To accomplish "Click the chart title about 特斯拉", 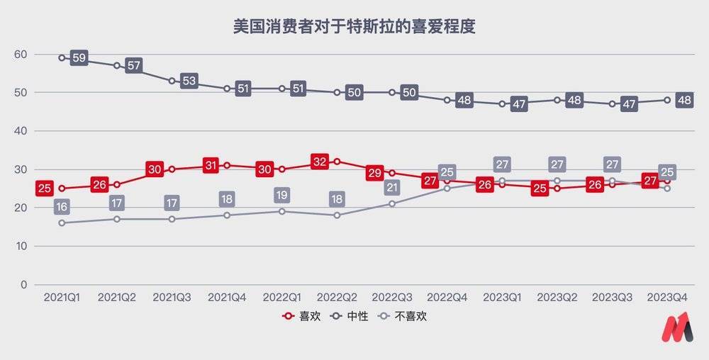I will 354,27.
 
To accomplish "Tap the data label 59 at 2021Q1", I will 79,58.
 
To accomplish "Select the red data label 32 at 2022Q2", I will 320,162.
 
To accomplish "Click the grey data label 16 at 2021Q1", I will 62,207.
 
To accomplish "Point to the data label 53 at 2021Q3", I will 189,81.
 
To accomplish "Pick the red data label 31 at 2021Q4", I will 210,165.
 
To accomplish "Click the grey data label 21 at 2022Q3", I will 393,188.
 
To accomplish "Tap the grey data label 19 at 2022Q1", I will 282,196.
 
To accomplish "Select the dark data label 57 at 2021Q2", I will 134,66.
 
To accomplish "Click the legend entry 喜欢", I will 303,316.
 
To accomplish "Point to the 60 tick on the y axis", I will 20,55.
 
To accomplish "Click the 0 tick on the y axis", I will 23,285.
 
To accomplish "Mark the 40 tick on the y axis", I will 20,131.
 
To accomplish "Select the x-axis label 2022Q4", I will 447,298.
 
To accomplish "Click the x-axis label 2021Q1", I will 62,298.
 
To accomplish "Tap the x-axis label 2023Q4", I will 667,298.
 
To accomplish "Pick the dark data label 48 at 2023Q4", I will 683,100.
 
